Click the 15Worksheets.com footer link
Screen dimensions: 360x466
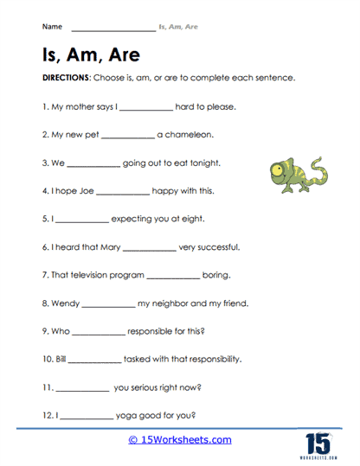[180, 440]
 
